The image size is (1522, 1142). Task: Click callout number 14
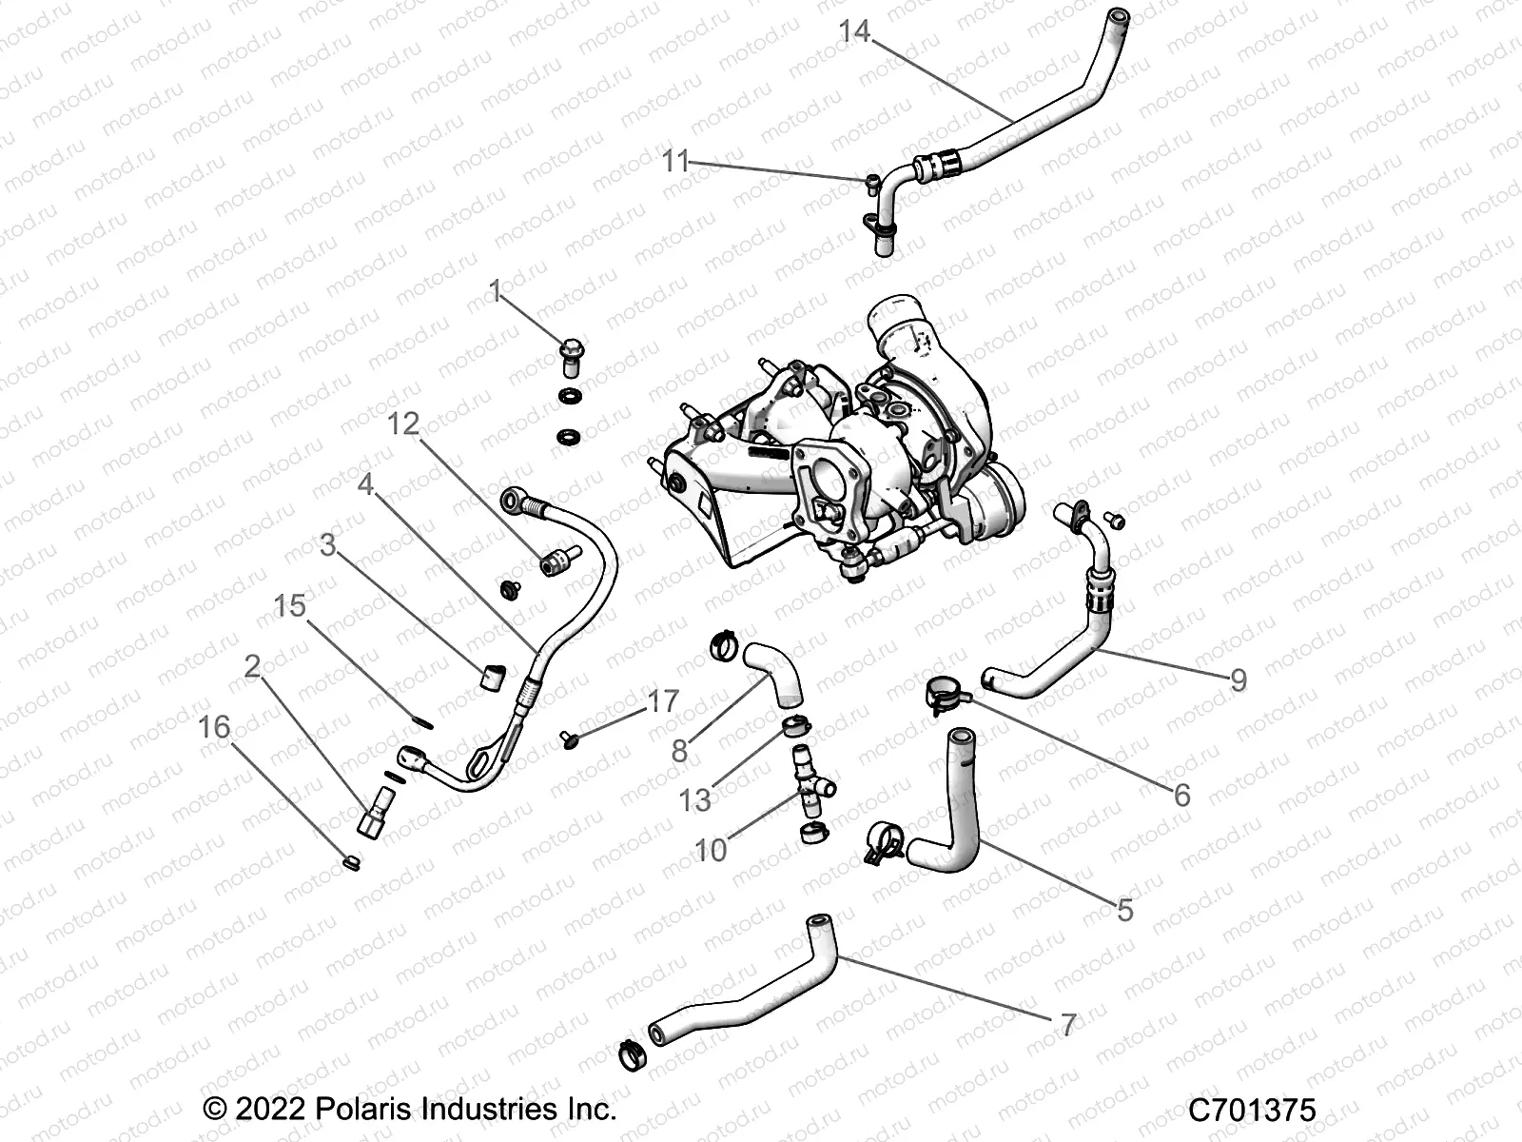[x=853, y=31]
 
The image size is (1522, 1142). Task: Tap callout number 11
[x=674, y=161]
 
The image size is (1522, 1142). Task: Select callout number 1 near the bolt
[x=495, y=291]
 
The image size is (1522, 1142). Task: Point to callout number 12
[x=403, y=423]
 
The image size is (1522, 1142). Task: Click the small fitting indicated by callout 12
[x=557, y=561]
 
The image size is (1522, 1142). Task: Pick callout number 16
[x=214, y=727]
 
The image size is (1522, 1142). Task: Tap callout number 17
[x=663, y=701]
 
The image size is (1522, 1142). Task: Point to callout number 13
[x=694, y=799]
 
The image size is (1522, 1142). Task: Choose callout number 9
[x=1238, y=679]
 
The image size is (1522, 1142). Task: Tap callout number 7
[x=1068, y=1025]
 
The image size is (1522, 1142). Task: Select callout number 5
[x=1124, y=910]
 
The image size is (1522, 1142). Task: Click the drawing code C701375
[x=1252, y=1110]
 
